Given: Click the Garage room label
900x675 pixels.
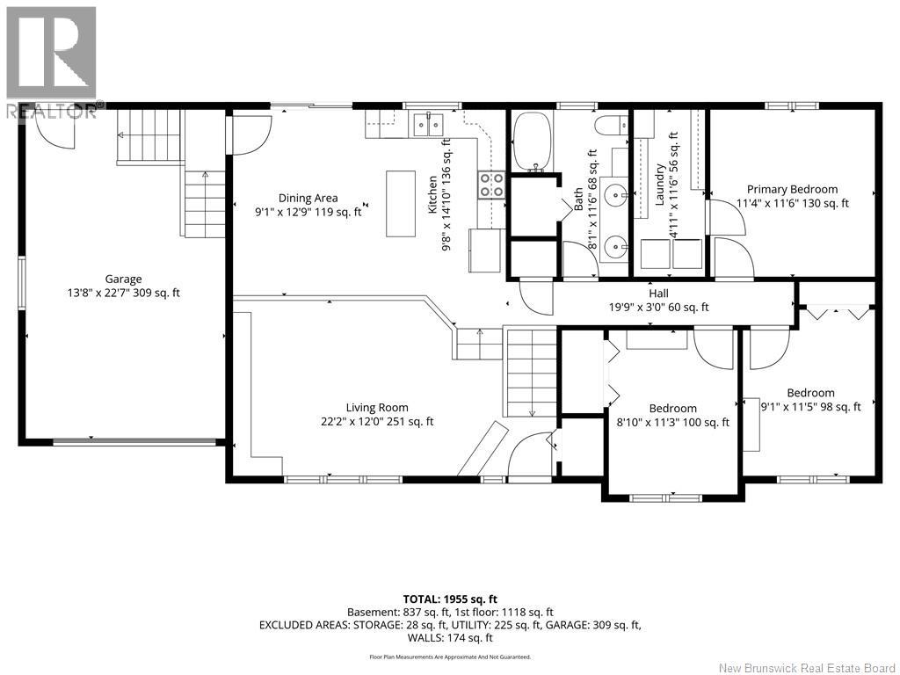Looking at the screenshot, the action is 123,279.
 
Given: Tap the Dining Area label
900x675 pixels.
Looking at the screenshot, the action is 308,198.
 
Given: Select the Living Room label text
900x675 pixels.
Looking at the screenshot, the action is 377,408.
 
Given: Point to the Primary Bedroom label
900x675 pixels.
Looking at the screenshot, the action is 792,189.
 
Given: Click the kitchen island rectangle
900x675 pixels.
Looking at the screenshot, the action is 401,203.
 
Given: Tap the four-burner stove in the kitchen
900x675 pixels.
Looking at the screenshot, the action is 491,185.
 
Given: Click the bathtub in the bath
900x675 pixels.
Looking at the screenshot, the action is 532,142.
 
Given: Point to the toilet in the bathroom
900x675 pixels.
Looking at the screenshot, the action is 612,124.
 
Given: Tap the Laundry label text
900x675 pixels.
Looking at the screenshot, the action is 659,184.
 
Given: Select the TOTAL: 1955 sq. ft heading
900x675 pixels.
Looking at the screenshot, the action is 450,599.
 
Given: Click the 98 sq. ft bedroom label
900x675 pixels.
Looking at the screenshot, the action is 810,393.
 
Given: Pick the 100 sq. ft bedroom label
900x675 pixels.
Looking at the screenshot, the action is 672,408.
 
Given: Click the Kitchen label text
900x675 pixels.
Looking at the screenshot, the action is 432,194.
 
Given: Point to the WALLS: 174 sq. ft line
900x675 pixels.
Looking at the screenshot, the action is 450,638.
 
